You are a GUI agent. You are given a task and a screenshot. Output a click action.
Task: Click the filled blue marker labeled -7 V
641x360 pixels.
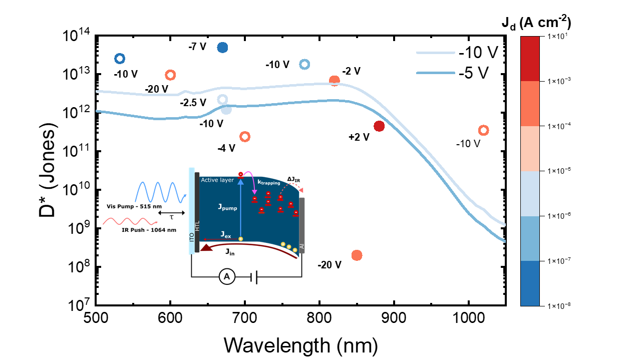pyautogui.click(x=222, y=48)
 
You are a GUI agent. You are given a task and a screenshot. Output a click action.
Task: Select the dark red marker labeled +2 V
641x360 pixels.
pyautogui.click(x=379, y=126)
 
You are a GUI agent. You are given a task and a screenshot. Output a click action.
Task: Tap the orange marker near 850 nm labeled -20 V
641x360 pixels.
pyautogui.click(x=357, y=255)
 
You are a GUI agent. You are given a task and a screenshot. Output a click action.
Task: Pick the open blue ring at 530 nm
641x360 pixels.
pyautogui.click(x=120, y=59)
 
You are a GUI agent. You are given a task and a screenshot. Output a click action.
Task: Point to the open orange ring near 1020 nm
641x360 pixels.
pyautogui.click(x=483, y=130)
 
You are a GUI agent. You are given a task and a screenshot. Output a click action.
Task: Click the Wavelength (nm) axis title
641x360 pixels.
pyautogui.click(x=300, y=345)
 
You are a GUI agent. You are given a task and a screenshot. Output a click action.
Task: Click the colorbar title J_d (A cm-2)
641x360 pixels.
pyautogui.click(x=536, y=23)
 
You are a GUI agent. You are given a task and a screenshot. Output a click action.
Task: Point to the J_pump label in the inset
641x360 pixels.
pyautogui.click(x=226, y=207)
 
